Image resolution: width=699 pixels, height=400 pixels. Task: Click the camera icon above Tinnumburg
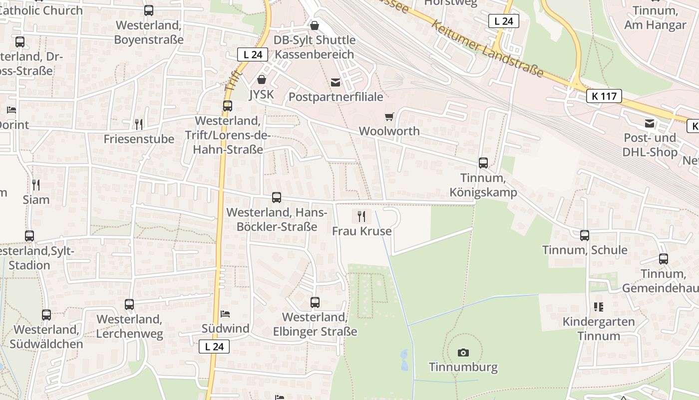point(463,352)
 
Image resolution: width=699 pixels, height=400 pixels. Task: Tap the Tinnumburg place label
point(463,367)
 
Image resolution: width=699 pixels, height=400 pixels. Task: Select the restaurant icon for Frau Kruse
point(362,216)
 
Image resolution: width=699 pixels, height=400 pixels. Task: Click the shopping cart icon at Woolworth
point(389,116)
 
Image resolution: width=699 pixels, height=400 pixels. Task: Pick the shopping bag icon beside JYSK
point(261,79)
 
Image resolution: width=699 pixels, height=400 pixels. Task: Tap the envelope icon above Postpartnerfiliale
point(335,82)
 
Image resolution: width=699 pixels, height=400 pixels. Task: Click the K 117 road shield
point(604,96)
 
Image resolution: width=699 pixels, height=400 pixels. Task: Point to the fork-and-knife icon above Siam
point(36,185)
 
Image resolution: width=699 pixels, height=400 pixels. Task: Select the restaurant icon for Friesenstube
point(139,124)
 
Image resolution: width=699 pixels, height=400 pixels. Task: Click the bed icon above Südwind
point(225,314)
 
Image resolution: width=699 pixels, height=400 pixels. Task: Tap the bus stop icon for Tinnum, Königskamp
point(483,162)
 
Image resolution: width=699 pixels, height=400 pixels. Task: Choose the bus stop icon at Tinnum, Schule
point(585,235)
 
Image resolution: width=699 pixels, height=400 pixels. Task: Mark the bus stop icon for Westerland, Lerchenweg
point(129,304)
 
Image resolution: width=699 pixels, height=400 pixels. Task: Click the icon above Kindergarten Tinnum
point(599,306)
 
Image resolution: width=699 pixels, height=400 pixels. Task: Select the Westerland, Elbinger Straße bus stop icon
point(315,302)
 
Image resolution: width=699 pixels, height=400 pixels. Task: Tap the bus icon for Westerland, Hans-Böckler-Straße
point(277,197)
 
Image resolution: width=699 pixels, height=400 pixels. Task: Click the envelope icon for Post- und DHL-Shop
point(650,123)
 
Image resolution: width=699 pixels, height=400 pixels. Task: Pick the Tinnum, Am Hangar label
point(655,17)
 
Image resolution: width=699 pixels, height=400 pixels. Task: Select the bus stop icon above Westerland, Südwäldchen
point(46,314)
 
